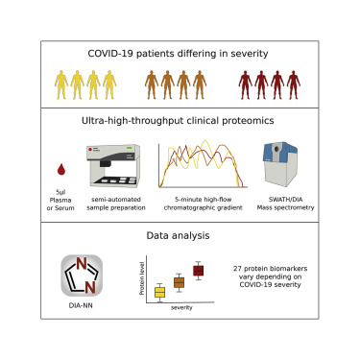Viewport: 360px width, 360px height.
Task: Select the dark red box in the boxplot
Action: click(x=199, y=271)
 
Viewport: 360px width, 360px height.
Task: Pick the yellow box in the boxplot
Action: click(x=160, y=292)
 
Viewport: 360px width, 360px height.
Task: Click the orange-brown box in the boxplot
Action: click(x=179, y=282)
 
